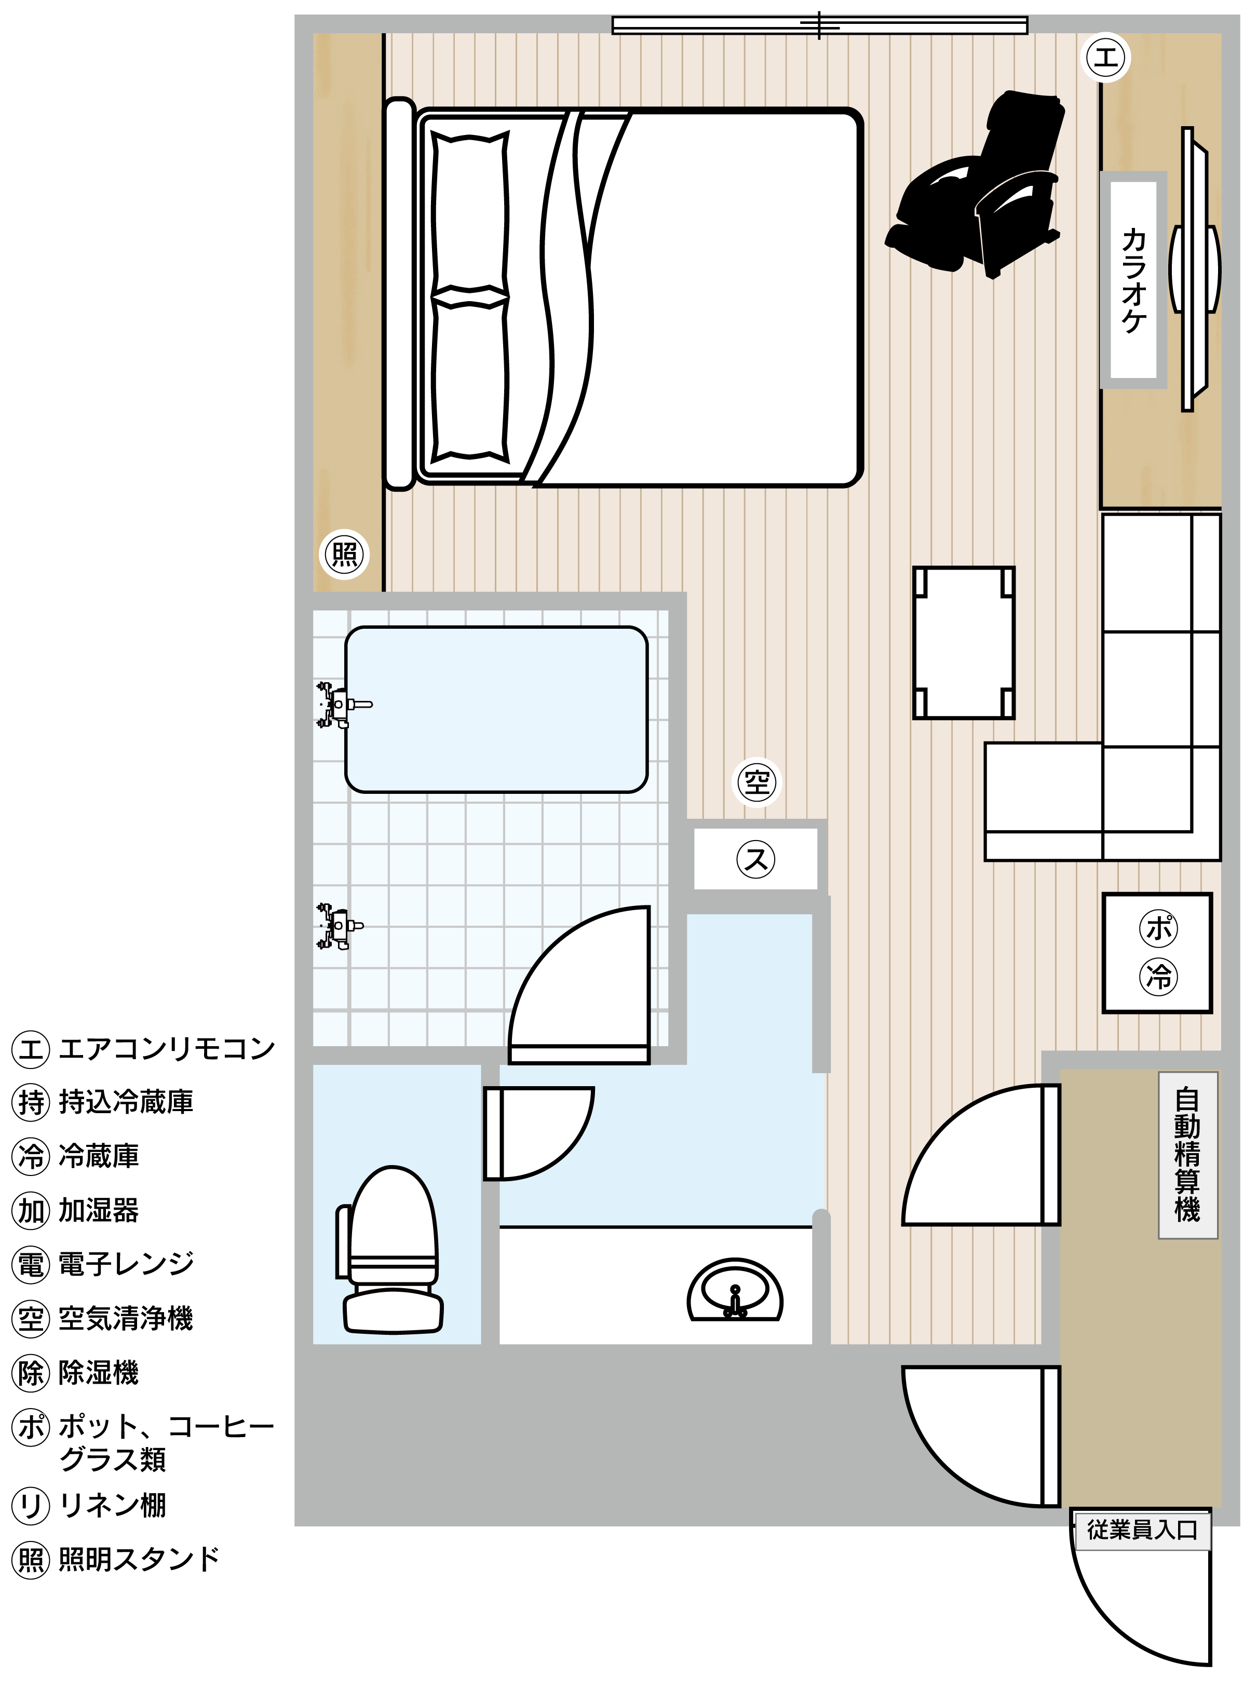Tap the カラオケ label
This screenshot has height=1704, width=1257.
1134,280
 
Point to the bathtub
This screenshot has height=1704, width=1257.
496,710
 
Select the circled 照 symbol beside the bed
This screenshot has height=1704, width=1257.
345,555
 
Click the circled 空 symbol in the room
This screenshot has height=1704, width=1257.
756,782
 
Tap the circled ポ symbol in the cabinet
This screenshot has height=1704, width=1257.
1158,928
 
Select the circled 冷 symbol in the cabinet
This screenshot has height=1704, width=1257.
1158,976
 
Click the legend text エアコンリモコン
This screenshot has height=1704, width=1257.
167,1048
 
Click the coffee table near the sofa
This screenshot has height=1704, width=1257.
963,643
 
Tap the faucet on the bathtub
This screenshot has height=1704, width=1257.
341,705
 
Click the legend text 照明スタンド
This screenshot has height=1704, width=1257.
139,1559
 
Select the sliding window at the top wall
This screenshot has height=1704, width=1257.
819,25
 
